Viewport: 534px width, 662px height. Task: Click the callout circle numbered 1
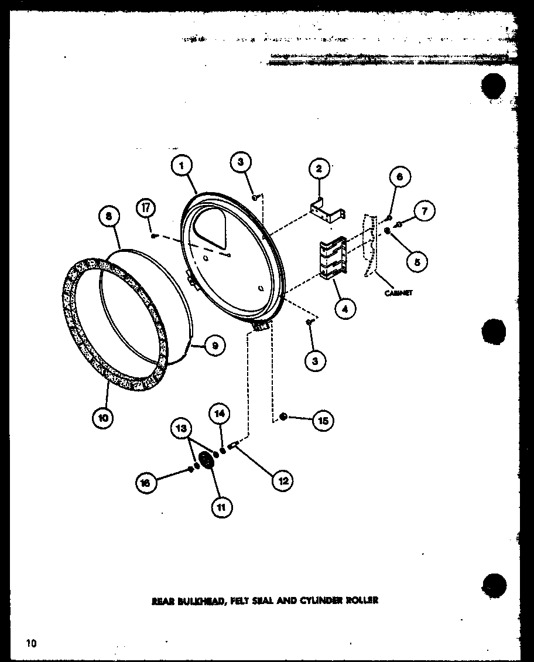pos(182,166)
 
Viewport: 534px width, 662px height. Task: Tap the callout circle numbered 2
pos(319,170)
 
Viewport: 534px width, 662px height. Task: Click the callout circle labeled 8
pos(109,217)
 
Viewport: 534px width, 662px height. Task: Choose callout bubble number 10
pos(104,418)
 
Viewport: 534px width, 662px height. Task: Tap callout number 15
pos(323,420)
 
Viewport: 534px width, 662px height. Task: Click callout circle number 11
pos(221,507)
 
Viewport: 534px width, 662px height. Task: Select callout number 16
pos(146,483)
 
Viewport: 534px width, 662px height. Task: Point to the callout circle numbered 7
pos(424,210)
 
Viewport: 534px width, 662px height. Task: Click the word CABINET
pos(399,292)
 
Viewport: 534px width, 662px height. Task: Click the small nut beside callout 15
pos(283,417)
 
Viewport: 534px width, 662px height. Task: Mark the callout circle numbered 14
pos(220,414)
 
